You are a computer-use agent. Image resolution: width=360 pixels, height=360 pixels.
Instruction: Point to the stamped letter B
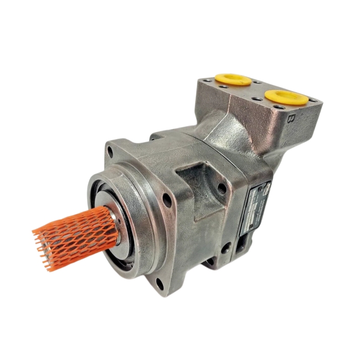point(292,119)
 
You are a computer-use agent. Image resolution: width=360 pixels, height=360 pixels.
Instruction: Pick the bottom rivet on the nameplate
point(243,230)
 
